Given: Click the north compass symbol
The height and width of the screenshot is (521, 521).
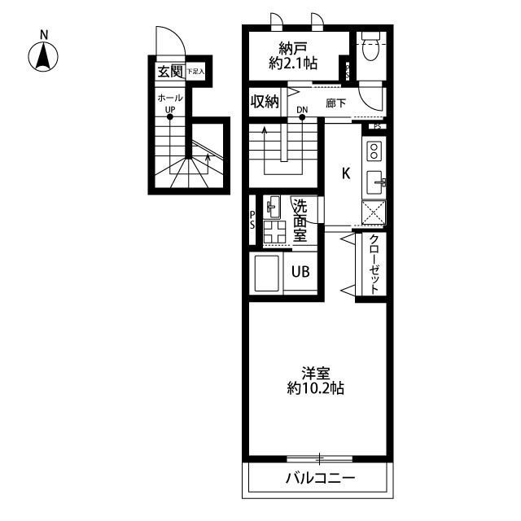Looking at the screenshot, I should (44, 55).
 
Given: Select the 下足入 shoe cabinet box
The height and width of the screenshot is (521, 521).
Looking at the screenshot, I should (195, 72).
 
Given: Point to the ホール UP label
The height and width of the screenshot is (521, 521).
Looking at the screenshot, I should (170, 103).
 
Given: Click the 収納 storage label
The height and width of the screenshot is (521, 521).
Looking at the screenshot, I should (265, 102).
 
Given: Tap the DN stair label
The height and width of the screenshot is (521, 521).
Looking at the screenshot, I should (302, 110).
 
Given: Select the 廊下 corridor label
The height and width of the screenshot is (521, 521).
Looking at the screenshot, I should (335, 103).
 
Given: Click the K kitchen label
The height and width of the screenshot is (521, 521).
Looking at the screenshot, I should (345, 173).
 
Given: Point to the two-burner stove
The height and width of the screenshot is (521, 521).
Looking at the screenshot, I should (374, 151).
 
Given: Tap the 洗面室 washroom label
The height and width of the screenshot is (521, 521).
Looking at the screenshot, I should (300, 220).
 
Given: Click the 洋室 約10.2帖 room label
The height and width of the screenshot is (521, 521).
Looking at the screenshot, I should (316, 381).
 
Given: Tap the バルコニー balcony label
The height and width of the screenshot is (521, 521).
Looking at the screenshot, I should (320, 479).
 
